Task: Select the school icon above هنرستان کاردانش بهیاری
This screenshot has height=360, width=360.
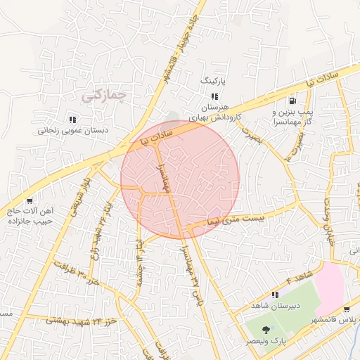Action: [214, 96]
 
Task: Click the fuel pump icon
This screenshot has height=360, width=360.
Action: [292, 100]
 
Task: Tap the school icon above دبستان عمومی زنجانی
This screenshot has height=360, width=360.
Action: [72, 119]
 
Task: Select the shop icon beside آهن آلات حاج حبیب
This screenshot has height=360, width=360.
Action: [29, 200]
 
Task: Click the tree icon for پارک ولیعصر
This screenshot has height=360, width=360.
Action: [265, 330]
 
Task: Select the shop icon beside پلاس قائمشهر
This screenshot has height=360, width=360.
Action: [346, 310]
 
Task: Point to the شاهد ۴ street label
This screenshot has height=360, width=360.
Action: [300, 278]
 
